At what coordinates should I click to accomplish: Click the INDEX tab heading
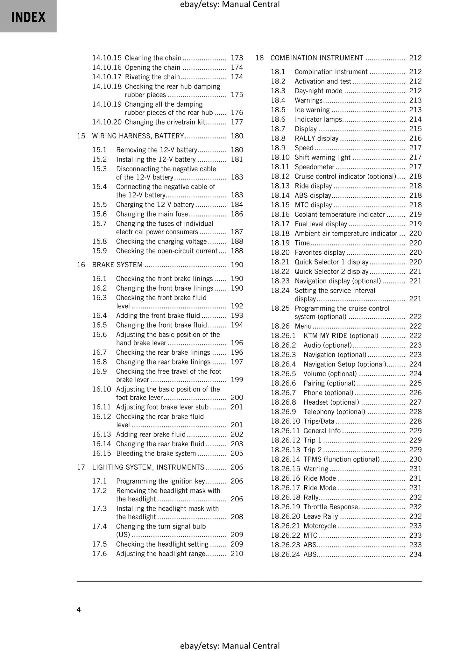coord(28,17)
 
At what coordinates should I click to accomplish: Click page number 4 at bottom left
coord(79,610)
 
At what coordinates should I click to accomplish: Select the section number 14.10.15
coord(107,58)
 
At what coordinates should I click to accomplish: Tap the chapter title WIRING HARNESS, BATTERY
coord(138,136)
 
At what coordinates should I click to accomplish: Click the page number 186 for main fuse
coord(237,214)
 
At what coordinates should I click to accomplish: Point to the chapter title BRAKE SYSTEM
coord(117,265)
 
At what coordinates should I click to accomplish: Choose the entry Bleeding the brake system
coord(156,453)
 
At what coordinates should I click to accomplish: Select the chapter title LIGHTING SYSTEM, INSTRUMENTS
coord(148,467)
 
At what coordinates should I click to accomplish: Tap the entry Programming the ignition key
coord(160,481)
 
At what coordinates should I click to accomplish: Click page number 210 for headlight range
coord(237,554)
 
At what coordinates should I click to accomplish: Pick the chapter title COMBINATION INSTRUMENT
coord(317,58)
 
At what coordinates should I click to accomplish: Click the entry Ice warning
coord(312,110)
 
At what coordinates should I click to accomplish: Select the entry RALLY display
coord(316,138)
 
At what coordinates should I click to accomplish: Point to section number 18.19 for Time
coord(280,243)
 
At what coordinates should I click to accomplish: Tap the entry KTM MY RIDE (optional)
coord(341,336)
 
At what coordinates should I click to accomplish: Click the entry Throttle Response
coord(331,507)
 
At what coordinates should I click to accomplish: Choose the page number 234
coord(415,554)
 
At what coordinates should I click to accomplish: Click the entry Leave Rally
coord(321,516)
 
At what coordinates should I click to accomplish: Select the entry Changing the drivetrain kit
coord(165,122)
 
